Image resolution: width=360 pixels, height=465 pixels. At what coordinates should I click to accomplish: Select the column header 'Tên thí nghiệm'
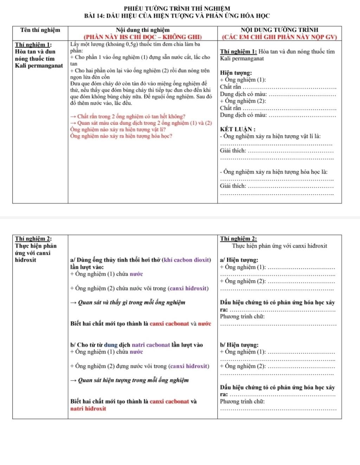pos(40,30)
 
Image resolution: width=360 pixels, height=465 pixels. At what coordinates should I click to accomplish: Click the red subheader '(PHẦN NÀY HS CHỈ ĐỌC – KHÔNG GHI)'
pos(142,37)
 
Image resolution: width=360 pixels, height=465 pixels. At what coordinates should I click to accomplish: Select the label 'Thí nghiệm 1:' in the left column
pos(34,45)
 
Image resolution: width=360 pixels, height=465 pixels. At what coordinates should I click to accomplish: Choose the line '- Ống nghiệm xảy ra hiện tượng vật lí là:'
pos(270,136)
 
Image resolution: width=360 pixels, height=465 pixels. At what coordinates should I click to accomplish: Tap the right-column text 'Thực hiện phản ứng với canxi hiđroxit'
pos(279,246)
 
